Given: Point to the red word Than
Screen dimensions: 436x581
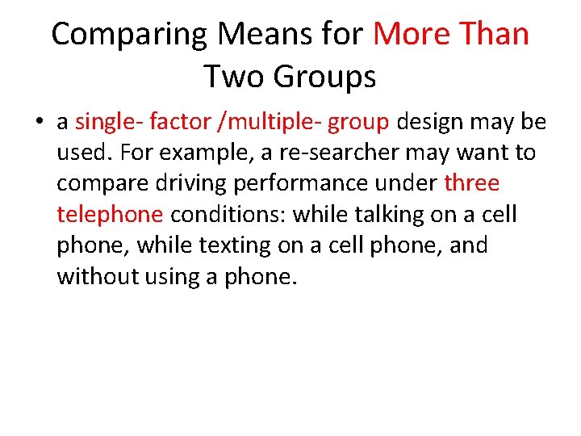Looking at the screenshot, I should [x=493, y=35].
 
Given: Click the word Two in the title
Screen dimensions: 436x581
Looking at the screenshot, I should [x=233, y=77].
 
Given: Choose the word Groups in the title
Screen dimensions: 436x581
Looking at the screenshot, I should [x=324, y=78].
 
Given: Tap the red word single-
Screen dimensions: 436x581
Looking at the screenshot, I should [x=108, y=122].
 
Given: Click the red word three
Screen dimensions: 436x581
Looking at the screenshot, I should [x=472, y=184].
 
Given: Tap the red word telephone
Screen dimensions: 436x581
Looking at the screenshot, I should [x=110, y=216].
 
